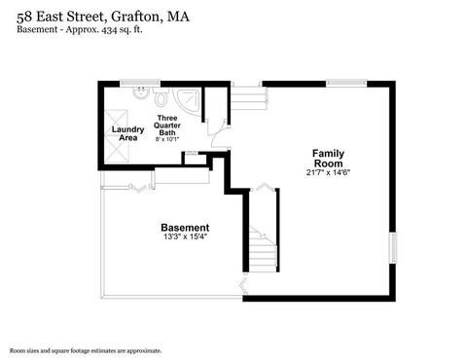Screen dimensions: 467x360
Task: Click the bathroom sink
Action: pyautogui.click(x=141, y=93)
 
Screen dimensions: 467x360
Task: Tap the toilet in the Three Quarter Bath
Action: pyautogui.click(x=161, y=96)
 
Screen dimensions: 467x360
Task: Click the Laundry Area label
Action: pyautogui.click(x=128, y=133)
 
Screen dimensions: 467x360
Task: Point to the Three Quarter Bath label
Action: pyautogui.click(x=167, y=126)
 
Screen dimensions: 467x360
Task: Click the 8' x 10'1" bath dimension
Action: pyautogui.click(x=167, y=139)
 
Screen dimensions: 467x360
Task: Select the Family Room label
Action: pyautogui.click(x=328, y=159)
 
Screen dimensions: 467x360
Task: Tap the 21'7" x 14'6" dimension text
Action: pyautogui.click(x=328, y=172)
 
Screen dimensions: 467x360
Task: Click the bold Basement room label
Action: pyautogui.click(x=185, y=228)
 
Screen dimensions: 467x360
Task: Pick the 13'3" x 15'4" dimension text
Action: pyautogui.click(x=185, y=236)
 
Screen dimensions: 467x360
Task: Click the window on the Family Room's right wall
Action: pyautogui.click(x=393, y=248)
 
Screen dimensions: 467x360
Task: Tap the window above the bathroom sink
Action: pyautogui.click(x=140, y=84)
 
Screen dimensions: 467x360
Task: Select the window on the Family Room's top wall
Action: pyautogui.click(x=346, y=84)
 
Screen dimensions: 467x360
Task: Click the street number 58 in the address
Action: pyautogui.click(x=24, y=17)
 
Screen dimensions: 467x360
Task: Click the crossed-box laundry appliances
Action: pyautogui.click(x=117, y=136)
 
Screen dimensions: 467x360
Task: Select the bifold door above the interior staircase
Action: pyautogui.click(x=264, y=187)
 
